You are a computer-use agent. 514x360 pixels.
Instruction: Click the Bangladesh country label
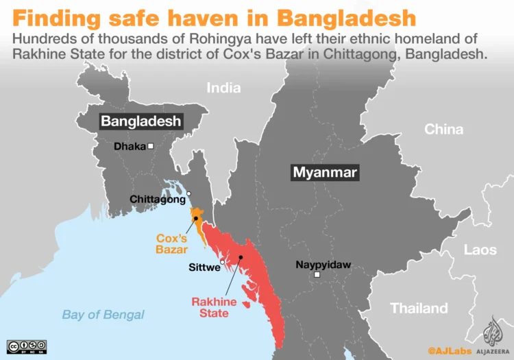(x=141, y=121)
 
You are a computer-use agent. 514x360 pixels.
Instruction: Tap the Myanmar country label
(x=325, y=173)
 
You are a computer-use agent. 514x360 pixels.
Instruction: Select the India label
(x=223, y=88)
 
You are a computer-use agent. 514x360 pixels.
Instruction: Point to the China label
(x=443, y=129)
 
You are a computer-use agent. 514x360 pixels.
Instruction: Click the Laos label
(x=480, y=250)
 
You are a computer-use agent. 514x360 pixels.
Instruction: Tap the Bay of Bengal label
(x=103, y=315)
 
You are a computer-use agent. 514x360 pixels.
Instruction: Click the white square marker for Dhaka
(x=150, y=146)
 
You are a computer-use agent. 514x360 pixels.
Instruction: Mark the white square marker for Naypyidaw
(x=317, y=276)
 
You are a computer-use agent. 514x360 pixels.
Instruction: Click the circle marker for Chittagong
(x=189, y=194)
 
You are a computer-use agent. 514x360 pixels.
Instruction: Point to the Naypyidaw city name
(x=323, y=265)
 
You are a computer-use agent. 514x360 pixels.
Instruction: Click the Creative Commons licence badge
(x=27, y=346)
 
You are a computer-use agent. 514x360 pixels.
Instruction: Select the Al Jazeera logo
(x=493, y=335)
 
